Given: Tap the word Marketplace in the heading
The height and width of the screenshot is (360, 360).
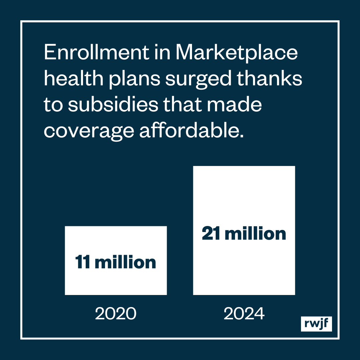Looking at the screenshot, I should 236,53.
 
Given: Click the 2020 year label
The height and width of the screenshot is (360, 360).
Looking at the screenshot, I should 116,314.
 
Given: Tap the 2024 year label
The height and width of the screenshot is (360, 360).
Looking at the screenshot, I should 244,314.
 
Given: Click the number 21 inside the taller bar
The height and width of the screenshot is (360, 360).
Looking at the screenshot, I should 211,234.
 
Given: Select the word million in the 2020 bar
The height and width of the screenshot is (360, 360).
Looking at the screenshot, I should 125,262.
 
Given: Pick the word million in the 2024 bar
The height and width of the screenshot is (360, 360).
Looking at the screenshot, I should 255,234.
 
